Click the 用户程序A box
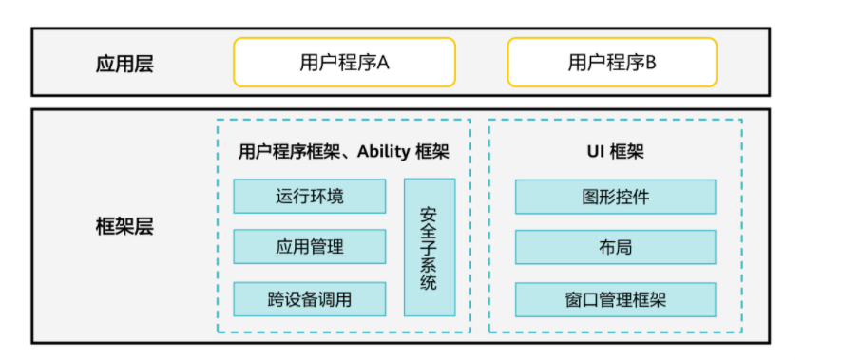(x=344, y=63)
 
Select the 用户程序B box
(x=612, y=63)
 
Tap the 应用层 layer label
(x=124, y=65)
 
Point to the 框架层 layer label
(x=124, y=227)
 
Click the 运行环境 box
(x=310, y=197)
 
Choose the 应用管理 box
(x=310, y=247)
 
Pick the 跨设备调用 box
(x=310, y=299)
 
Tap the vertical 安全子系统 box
(x=430, y=247)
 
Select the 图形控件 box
(x=616, y=197)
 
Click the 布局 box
(x=616, y=247)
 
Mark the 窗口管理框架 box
(x=616, y=299)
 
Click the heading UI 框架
(x=616, y=151)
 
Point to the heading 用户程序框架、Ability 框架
(x=343, y=151)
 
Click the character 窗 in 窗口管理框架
(x=573, y=299)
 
